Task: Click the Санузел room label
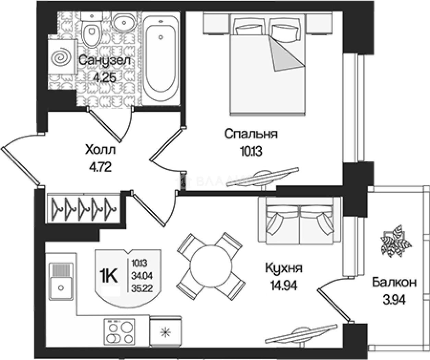pyautogui.click(x=105, y=61)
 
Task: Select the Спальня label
pyautogui.click(x=251, y=134)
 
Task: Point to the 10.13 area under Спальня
pyautogui.click(x=251, y=151)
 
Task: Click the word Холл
pyautogui.click(x=100, y=150)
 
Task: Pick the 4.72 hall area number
pyautogui.click(x=100, y=167)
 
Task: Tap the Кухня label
pyautogui.click(x=284, y=268)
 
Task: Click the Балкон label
pyautogui.click(x=394, y=283)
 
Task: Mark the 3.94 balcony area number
pyautogui.click(x=394, y=300)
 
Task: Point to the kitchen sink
pyautogui.click(x=61, y=281)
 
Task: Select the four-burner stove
pyautogui.click(x=119, y=332)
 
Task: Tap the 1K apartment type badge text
pyautogui.click(x=108, y=275)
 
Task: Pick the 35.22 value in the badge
pyautogui.click(x=142, y=288)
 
